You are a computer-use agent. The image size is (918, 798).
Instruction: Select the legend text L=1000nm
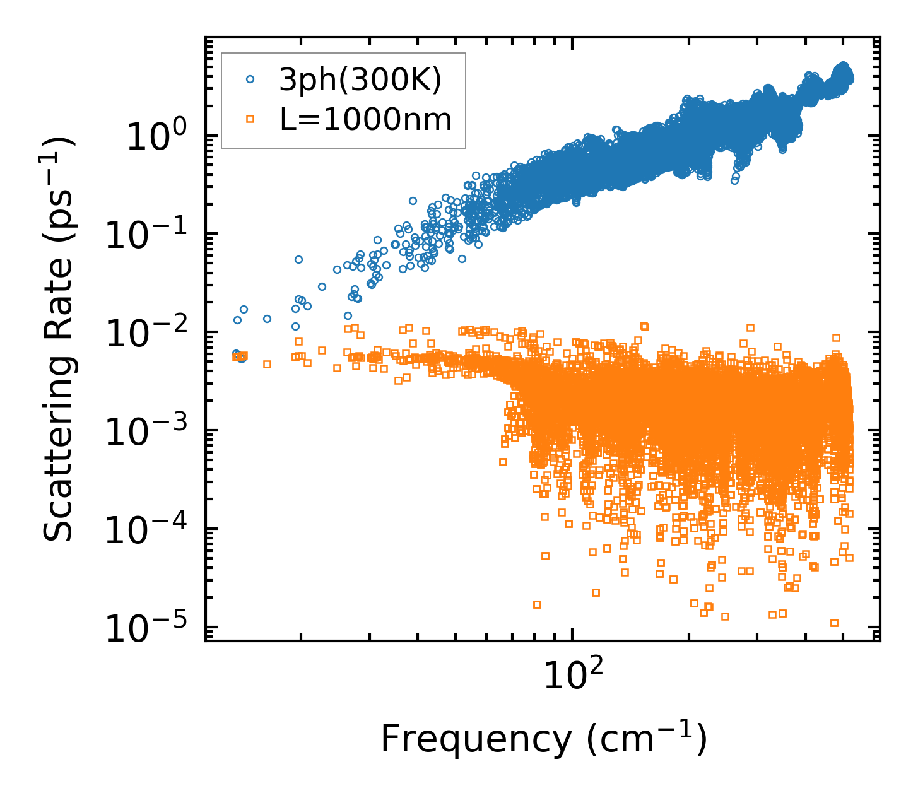tap(366, 119)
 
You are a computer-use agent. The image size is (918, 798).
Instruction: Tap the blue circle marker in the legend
tap(250, 79)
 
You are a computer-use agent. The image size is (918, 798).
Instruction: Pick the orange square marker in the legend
tap(250, 119)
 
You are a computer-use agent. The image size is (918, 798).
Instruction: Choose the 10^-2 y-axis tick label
tap(151, 334)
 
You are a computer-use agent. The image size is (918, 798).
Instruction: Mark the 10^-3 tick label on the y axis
tap(151, 433)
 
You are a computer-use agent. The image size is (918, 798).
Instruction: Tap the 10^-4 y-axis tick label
tap(151, 531)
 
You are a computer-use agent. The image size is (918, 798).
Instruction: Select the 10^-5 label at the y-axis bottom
tap(151, 630)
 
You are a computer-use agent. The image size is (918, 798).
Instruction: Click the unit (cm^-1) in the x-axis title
tap(647, 737)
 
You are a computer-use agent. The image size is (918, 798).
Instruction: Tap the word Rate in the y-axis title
tap(58, 302)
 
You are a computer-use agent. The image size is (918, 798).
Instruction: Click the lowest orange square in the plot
tap(834, 623)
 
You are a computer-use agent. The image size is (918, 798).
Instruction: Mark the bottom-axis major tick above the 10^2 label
tap(572, 635)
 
